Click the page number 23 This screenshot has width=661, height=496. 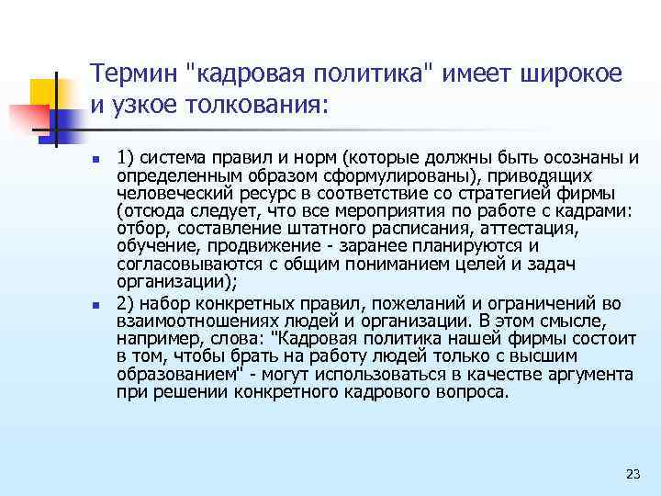(632, 474)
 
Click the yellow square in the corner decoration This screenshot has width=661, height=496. (44, 92)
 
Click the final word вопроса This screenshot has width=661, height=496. (474, 391)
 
